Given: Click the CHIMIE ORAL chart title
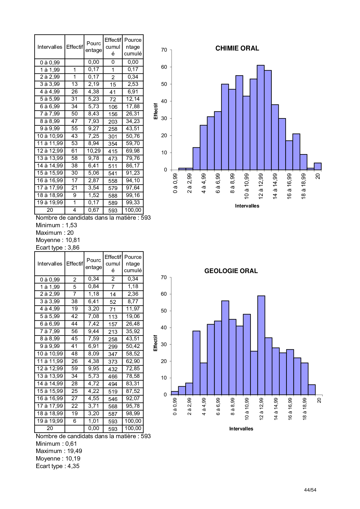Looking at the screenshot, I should [237, 48].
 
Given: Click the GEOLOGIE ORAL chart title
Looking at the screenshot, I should [231, 271].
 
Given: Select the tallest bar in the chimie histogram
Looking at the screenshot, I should [260, 118].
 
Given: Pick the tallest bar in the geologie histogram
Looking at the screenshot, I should [261, 345].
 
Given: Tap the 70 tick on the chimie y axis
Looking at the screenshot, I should [164, 50].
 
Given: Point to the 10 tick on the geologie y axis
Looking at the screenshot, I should [164, 378].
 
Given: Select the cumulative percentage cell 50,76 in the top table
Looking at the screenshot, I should [133, 136].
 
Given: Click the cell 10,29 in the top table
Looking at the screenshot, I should [93, 151].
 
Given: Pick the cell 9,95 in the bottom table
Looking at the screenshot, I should [93, 369].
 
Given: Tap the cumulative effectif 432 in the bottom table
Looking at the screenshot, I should [113, 369].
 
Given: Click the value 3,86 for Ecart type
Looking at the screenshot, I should [73, 248].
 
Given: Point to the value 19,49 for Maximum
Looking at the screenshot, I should [75, 451].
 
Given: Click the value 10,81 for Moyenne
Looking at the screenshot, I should [73, 240].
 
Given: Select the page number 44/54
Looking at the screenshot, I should [310, 490].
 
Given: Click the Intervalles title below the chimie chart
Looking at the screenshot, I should [247, 206].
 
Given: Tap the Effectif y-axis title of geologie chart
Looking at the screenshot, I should [155, 343].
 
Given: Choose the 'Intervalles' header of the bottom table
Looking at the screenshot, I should [50, 263].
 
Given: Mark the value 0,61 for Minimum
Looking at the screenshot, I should [71, 444].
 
